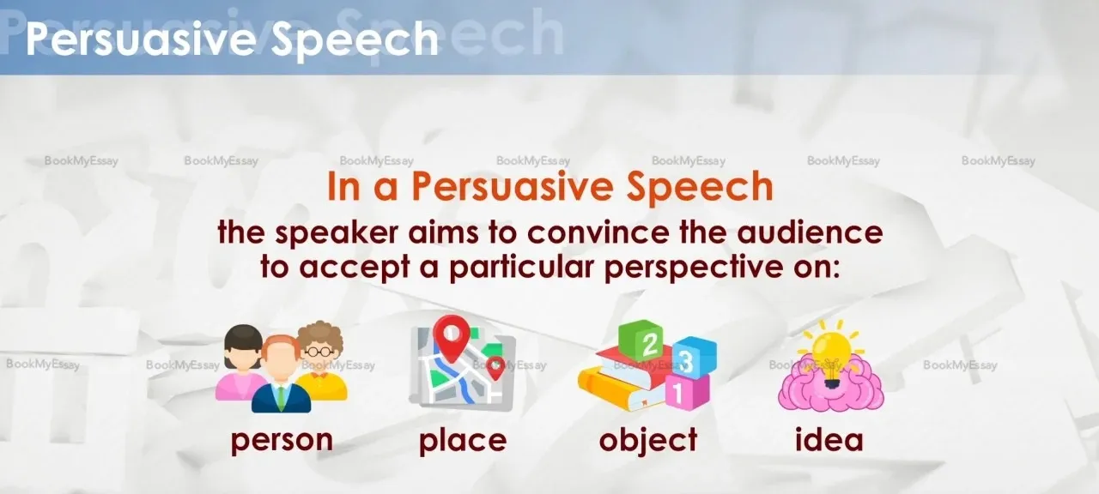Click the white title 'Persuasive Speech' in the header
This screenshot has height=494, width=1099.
pyautogui.click(x=232, y=40)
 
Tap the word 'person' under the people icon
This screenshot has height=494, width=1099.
pyautogui.click(x=282, y=441)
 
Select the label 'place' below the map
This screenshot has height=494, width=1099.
pyautogui.click(x=463, y=441)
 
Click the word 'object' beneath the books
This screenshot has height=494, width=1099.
pyautogui.click(x=648, y=440)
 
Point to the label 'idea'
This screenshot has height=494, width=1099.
pyautogui.click(x=829, y=438)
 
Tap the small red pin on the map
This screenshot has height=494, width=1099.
pyautogui.click(x=496, y=369)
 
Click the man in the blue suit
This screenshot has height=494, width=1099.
pyautogui.click(x=281, y=375)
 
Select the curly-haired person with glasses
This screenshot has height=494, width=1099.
pyautogui.click(x=321, y=359)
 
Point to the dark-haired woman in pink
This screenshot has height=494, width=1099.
pyautogui.click(x=240, y=362)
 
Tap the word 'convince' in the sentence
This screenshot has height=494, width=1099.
pyautogui.click(x=598, y=232)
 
